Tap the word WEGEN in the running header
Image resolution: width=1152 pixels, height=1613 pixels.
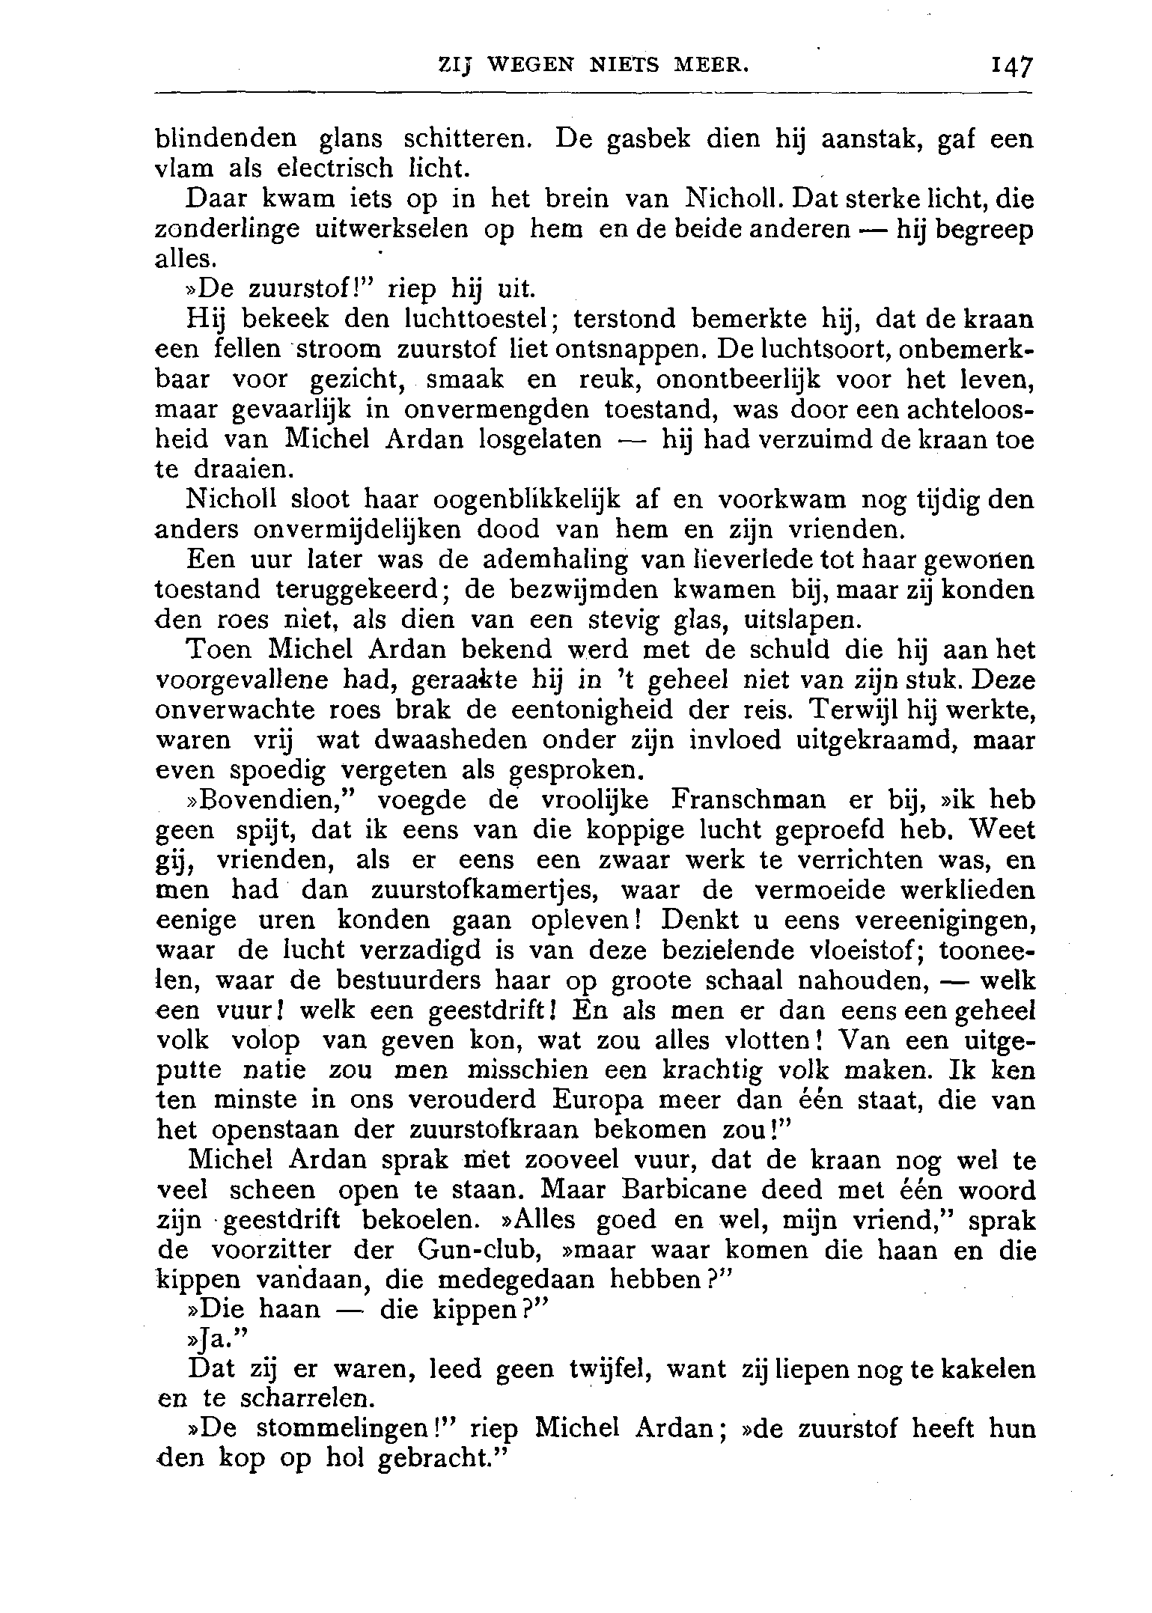coord(528,65)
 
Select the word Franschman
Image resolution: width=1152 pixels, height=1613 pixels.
coord(748,800)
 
